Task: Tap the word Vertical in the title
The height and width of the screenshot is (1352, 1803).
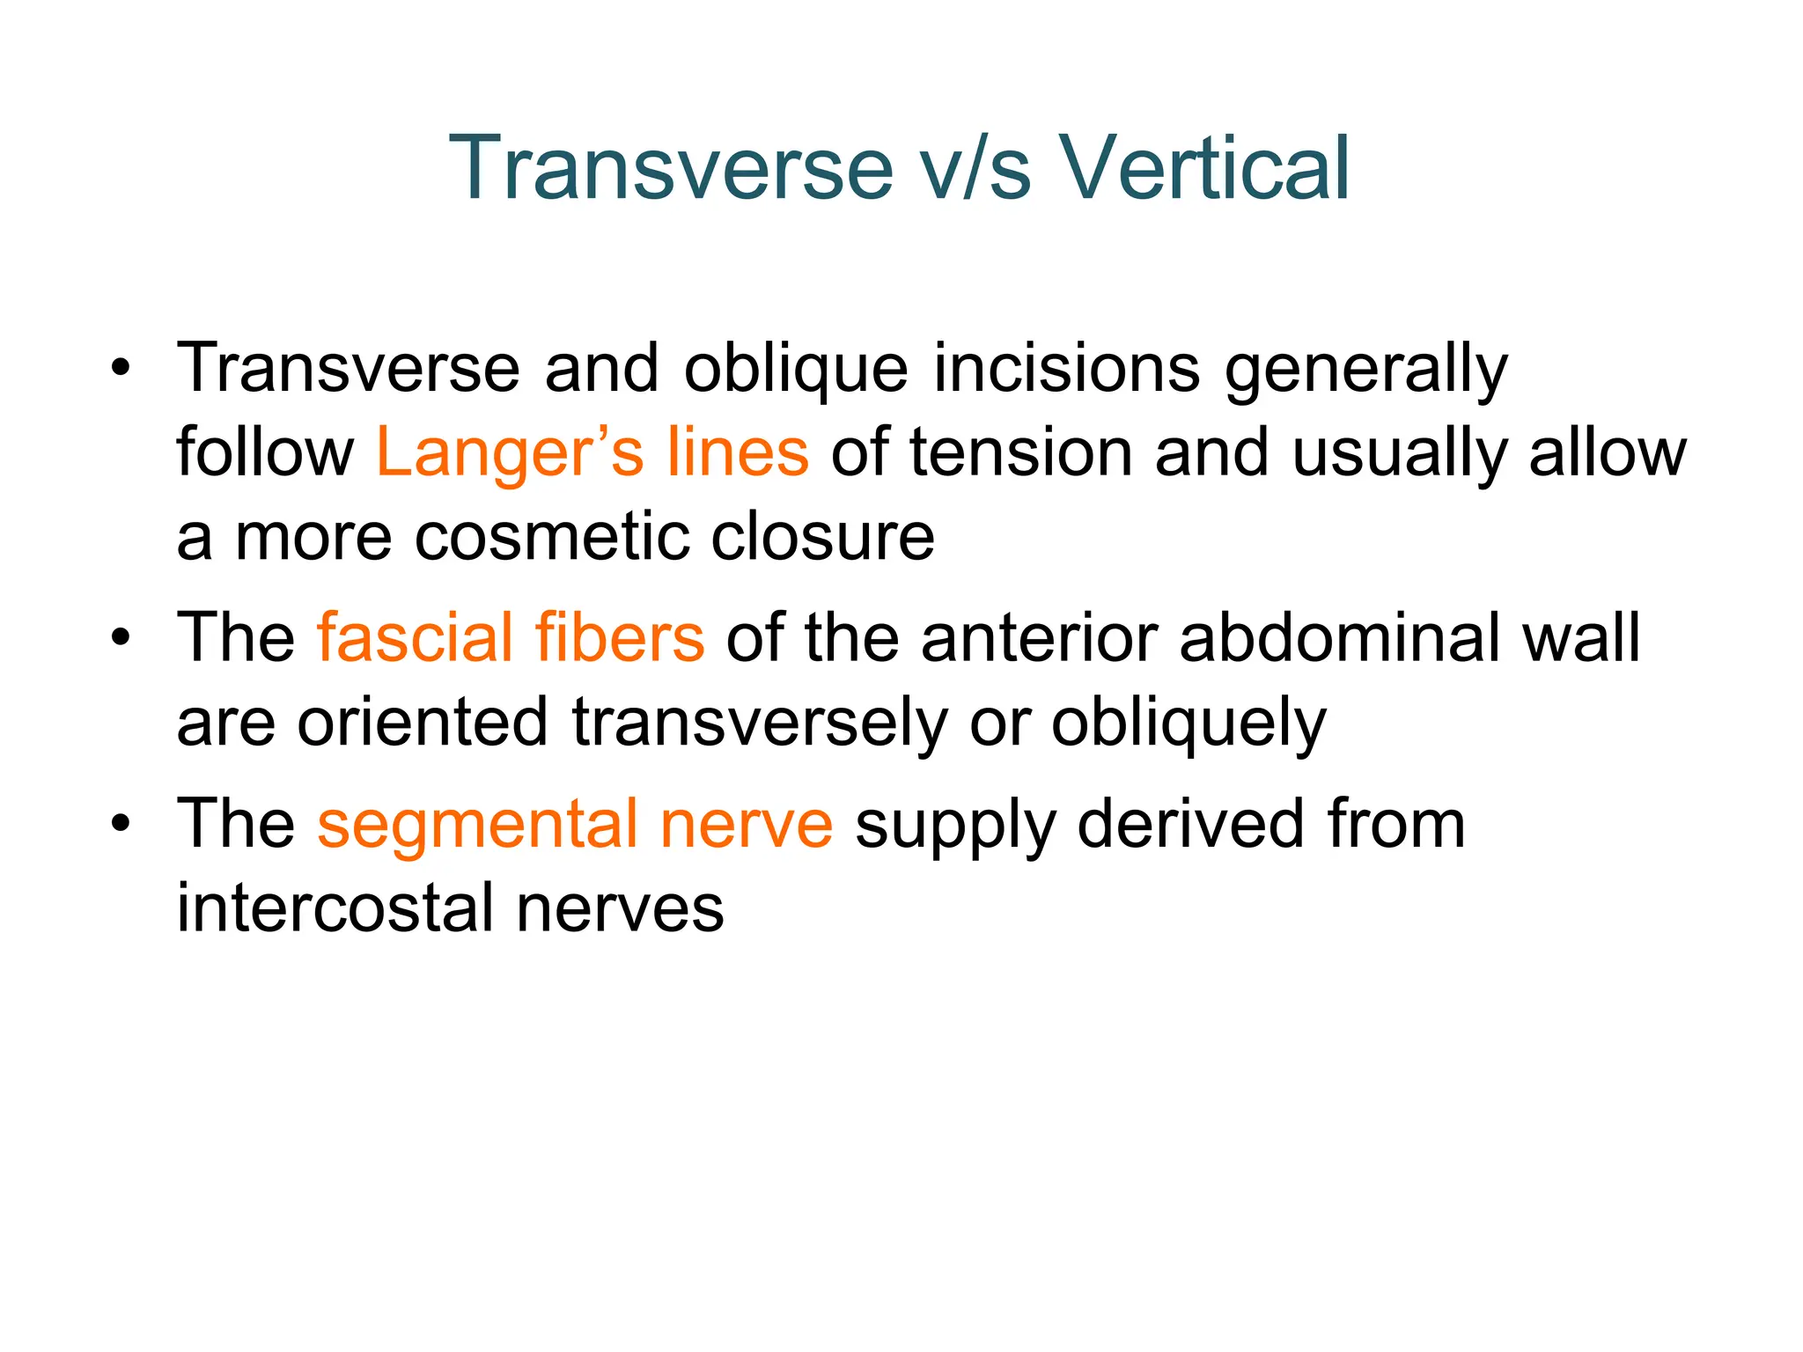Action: [x=1203, y=168]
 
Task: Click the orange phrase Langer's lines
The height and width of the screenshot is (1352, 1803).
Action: [x=592, y=452]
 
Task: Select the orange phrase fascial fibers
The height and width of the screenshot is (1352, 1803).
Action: [x=511, y=637]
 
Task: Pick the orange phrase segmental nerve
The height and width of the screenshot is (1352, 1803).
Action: [x=574, y=824]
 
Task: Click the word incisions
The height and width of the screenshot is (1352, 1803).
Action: [x=1066, y=368]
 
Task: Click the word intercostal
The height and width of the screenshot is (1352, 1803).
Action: [x=335, y=908]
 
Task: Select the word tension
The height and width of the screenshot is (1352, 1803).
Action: [x=1020, y=452]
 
